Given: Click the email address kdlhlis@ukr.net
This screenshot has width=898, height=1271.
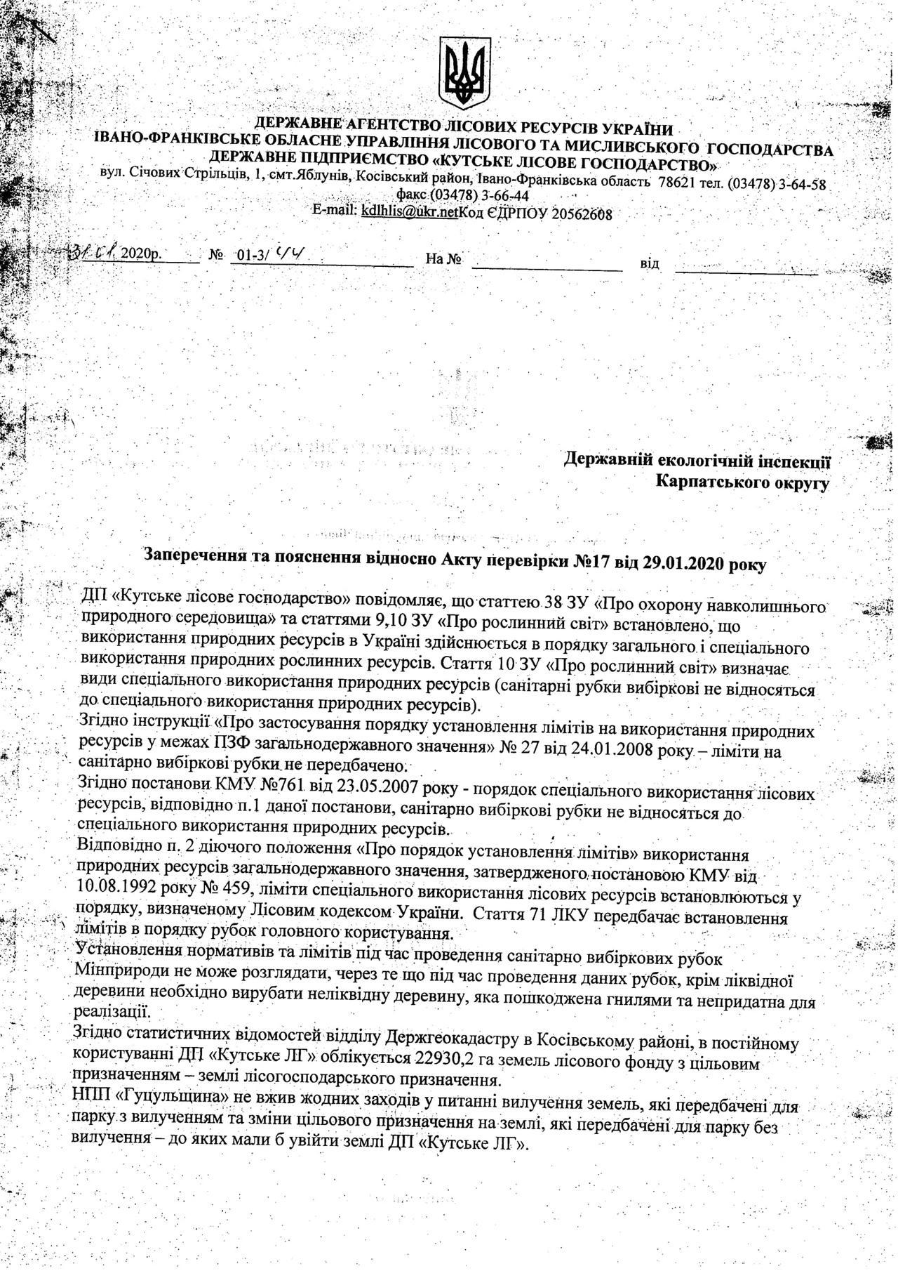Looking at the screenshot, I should (x=408, y=210).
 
